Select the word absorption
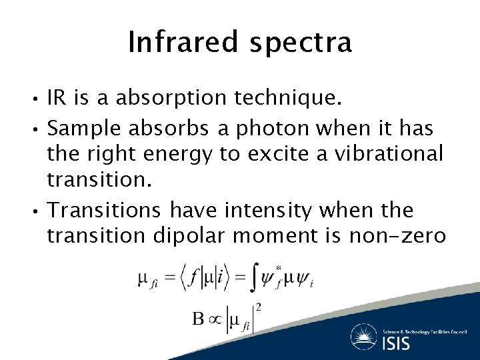point(173,100)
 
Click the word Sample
point(83,127)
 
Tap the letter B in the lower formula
point(198,319)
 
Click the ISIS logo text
point(396,343)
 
